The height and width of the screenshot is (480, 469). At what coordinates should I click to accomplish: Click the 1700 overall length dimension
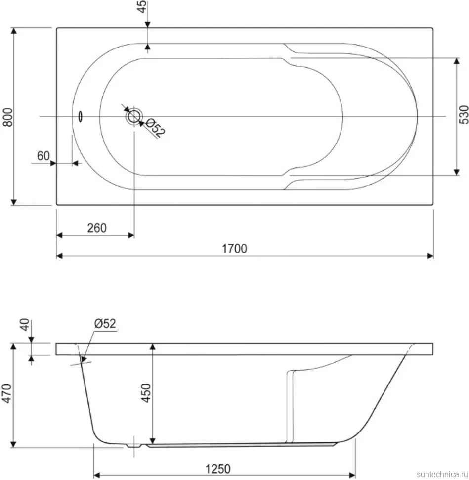point(234,249)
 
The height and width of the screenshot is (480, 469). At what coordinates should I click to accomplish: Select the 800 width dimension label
point(8,117)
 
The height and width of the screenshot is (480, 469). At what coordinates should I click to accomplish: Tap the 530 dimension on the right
point(464,115)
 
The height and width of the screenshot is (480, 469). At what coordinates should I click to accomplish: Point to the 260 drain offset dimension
point(97,228)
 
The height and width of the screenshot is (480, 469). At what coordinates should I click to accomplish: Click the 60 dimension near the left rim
point(43,156)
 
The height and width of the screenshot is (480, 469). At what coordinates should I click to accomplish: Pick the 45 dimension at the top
point(142,7)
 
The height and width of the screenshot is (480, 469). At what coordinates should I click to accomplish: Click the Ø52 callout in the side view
point(105,323)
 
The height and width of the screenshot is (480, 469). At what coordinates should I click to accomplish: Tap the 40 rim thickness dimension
point(25,325)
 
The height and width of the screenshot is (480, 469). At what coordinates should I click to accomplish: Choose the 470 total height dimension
point(7,393)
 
